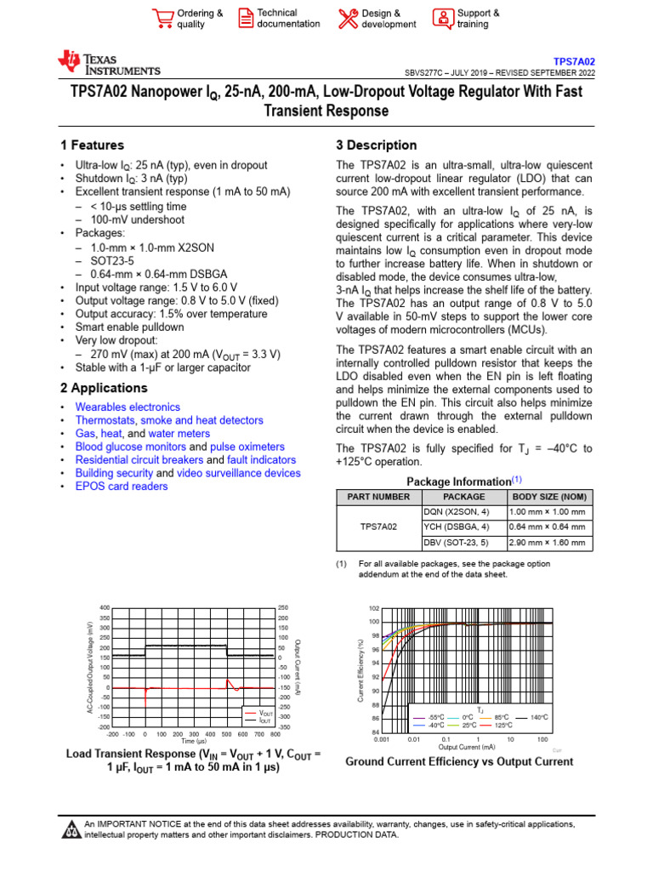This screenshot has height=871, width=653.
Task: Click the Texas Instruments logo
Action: (108, 62)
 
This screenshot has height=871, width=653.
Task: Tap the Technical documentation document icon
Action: (245, 18)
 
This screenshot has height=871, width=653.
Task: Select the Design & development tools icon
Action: (348, 18)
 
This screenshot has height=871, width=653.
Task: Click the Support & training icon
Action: (442, 18)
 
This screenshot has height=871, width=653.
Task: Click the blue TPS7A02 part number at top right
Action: (575, 62)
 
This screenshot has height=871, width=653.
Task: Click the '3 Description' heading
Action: (376, 145)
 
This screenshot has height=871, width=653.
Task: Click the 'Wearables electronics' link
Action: (128, 407)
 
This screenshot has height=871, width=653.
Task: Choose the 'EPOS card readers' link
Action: (122, 487)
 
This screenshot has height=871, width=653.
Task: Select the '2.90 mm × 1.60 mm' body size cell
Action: (547, 543)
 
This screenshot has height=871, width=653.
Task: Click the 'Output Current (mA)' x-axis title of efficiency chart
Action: (466, 747)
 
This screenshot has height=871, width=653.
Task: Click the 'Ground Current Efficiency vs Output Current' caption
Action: (459, 762)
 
